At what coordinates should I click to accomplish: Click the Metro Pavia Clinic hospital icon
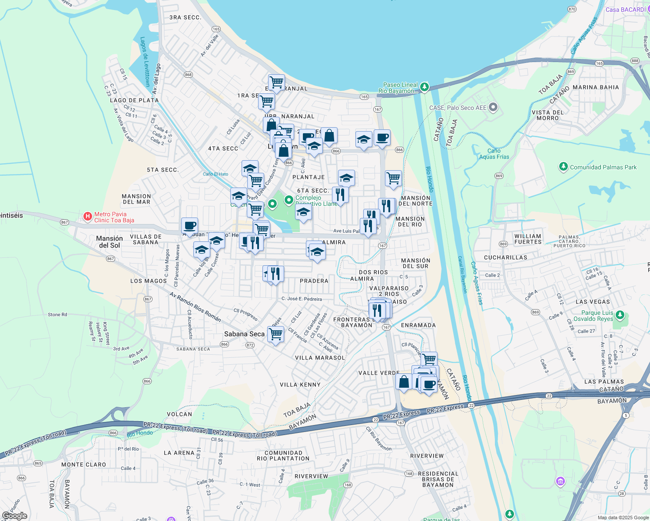88,216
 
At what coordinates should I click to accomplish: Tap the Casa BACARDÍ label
626,10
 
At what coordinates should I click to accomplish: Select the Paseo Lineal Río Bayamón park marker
424,87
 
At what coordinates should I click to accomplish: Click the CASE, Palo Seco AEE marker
493,107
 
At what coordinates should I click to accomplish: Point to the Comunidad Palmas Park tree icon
564,167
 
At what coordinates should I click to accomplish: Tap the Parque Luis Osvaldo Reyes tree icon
620,314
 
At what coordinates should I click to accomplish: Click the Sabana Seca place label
244,334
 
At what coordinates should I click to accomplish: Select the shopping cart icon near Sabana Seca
275,335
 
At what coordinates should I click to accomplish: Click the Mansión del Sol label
109,242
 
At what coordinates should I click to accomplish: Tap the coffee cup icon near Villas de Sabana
189,226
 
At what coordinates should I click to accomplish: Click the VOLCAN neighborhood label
179,414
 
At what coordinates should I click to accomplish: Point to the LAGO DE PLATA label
134,100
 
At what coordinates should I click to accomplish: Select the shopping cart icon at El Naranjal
276,82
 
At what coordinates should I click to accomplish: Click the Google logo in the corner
14,516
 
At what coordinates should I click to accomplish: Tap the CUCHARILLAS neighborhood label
505,257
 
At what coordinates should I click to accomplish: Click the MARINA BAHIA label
596,87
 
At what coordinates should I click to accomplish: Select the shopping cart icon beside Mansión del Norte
393,178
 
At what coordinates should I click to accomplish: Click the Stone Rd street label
57,315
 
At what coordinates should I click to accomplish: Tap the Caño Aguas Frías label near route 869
494,154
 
